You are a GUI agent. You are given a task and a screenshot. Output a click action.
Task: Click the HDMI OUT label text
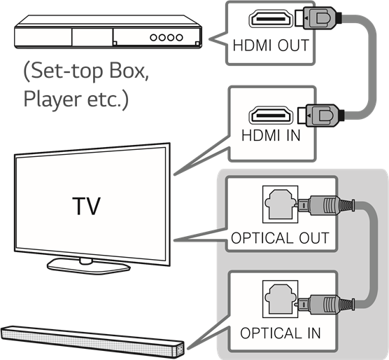tap(271, 46)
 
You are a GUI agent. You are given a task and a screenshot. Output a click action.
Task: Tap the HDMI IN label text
tap(271, 135)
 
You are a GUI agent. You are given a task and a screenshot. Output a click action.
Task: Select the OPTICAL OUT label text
tap(280, 238)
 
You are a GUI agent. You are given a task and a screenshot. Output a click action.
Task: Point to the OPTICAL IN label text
tap(281, 333)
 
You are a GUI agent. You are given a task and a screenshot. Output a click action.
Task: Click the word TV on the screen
tap(86, 207)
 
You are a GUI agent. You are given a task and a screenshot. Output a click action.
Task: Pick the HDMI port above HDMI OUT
tap(271, 18)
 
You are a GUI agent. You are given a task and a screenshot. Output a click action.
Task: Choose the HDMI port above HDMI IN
tap(271, 115)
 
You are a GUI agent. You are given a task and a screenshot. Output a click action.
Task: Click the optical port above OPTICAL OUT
tap(281, 204)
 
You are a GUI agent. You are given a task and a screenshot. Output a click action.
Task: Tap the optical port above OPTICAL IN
tap(281, 299)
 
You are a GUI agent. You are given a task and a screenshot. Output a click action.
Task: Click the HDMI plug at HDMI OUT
tap(318, 18)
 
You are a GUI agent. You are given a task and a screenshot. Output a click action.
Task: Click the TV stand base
tap(89, 266)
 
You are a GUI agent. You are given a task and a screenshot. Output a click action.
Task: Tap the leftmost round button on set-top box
tap(153, 38)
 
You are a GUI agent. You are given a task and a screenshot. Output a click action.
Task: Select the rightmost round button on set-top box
tap(179, 38)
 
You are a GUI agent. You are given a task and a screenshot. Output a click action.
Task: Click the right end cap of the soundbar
tap(180, 348)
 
